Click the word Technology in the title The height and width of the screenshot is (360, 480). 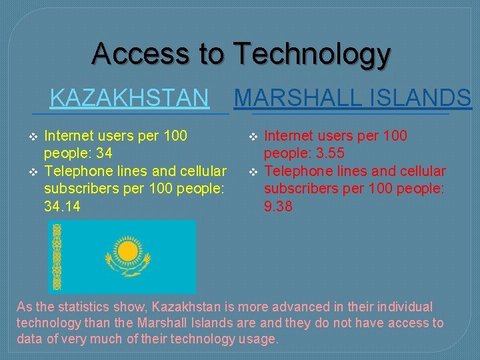pos(311,53)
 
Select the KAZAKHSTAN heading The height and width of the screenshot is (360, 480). pos(129,98)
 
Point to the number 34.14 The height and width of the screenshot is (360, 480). pos(62,207)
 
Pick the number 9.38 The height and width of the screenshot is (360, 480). pos(278,207)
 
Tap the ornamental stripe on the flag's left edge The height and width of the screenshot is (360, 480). pos(57,257)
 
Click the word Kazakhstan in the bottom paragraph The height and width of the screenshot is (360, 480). pos(185,307)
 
